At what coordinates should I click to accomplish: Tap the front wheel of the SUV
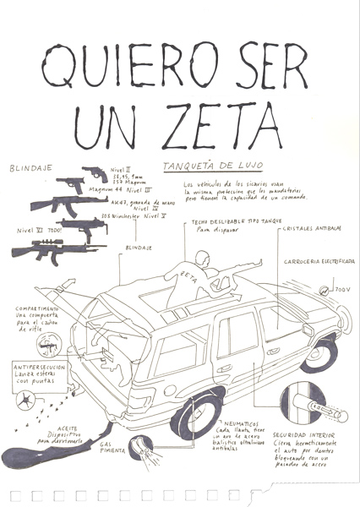click(321, 353)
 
